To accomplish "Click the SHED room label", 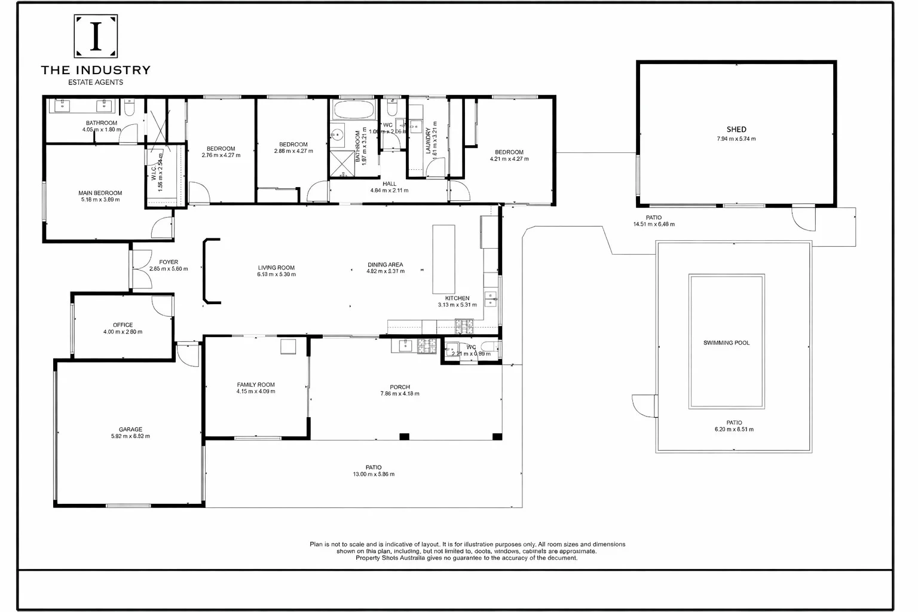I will tap(736, 129).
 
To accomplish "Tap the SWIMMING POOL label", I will tap(726, 343).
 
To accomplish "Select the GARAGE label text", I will tap(130, 429).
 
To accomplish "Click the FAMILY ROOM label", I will tap(256, 385).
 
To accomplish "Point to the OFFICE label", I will tap(123, 325).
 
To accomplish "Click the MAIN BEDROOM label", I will tap(100, 193).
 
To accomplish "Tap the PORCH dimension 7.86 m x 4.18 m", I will tap(400, 394).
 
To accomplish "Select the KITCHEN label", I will tap(457, 298).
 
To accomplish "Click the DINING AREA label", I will tap(385, 264).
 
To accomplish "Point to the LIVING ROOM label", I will tap(276, 268).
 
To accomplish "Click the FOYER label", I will tap(169, 262).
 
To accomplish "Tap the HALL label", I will tap(390, 184).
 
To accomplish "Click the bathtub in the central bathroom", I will tap(354, 109).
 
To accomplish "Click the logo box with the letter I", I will tap(96, 36).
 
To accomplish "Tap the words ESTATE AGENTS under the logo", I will tap(96, 82).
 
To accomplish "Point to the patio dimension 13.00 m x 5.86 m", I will tap(374, 475).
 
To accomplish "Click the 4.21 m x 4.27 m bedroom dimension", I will tap(509, 159).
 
